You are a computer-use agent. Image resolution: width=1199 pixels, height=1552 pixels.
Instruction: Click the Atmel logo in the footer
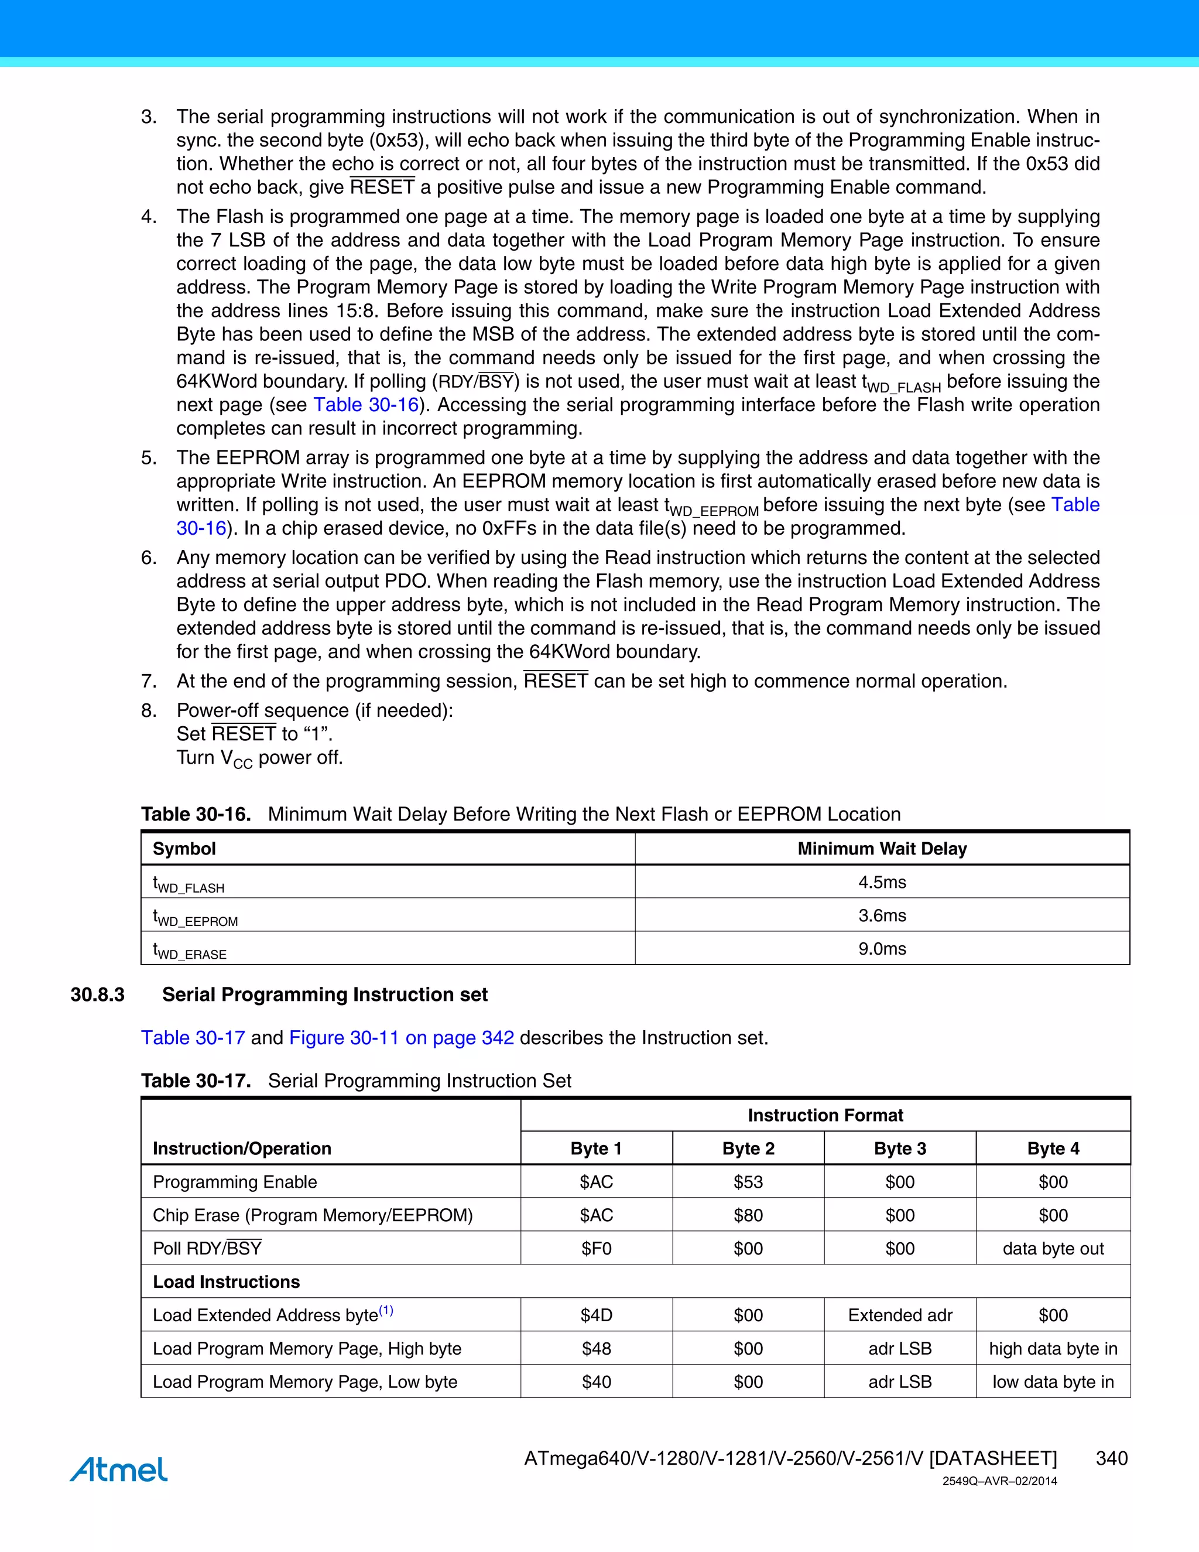[119, 1469]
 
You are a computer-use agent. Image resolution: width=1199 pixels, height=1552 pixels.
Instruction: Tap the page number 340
[1111, 1458]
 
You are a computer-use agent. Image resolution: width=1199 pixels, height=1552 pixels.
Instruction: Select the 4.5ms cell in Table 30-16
[882, 882]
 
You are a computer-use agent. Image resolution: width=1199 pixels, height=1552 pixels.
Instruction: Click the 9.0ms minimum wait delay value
[882, 949]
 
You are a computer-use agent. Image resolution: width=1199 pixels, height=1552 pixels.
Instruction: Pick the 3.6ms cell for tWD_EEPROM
[882, 915]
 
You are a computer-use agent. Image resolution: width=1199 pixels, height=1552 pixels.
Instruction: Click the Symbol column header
[184, 849]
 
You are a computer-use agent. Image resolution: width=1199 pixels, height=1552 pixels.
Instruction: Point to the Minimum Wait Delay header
[882, 849]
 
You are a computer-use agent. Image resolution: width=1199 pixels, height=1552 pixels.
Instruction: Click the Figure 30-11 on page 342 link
[401, 1038]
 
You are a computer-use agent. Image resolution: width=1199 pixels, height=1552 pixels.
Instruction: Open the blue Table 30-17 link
[193, 1038]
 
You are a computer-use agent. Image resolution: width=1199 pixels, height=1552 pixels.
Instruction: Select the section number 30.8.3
[97, 994]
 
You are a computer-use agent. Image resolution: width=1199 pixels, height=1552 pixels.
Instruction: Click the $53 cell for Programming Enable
[748, 1182]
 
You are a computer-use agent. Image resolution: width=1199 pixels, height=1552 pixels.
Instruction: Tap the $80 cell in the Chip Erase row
[748, 1215]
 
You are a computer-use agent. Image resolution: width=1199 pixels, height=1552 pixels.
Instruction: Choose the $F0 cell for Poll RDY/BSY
[596, 1249]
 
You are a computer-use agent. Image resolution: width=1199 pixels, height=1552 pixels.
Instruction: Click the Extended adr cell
[900, 1315]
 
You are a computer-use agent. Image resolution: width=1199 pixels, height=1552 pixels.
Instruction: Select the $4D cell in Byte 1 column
[596, 1315]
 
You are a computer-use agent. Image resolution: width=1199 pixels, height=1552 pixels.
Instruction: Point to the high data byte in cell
[1053, 1349]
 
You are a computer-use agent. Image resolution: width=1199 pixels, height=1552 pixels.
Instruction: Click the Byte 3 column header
[900, 1148]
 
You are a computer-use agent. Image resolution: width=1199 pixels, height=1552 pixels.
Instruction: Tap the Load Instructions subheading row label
[226, 1282]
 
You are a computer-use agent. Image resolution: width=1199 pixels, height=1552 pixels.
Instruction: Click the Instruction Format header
[825, 1115]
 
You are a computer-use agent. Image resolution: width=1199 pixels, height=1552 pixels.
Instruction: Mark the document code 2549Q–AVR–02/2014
[999, 1481]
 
